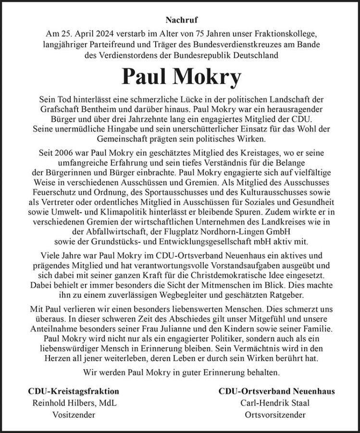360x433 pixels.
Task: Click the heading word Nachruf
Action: tap(180, 20)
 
